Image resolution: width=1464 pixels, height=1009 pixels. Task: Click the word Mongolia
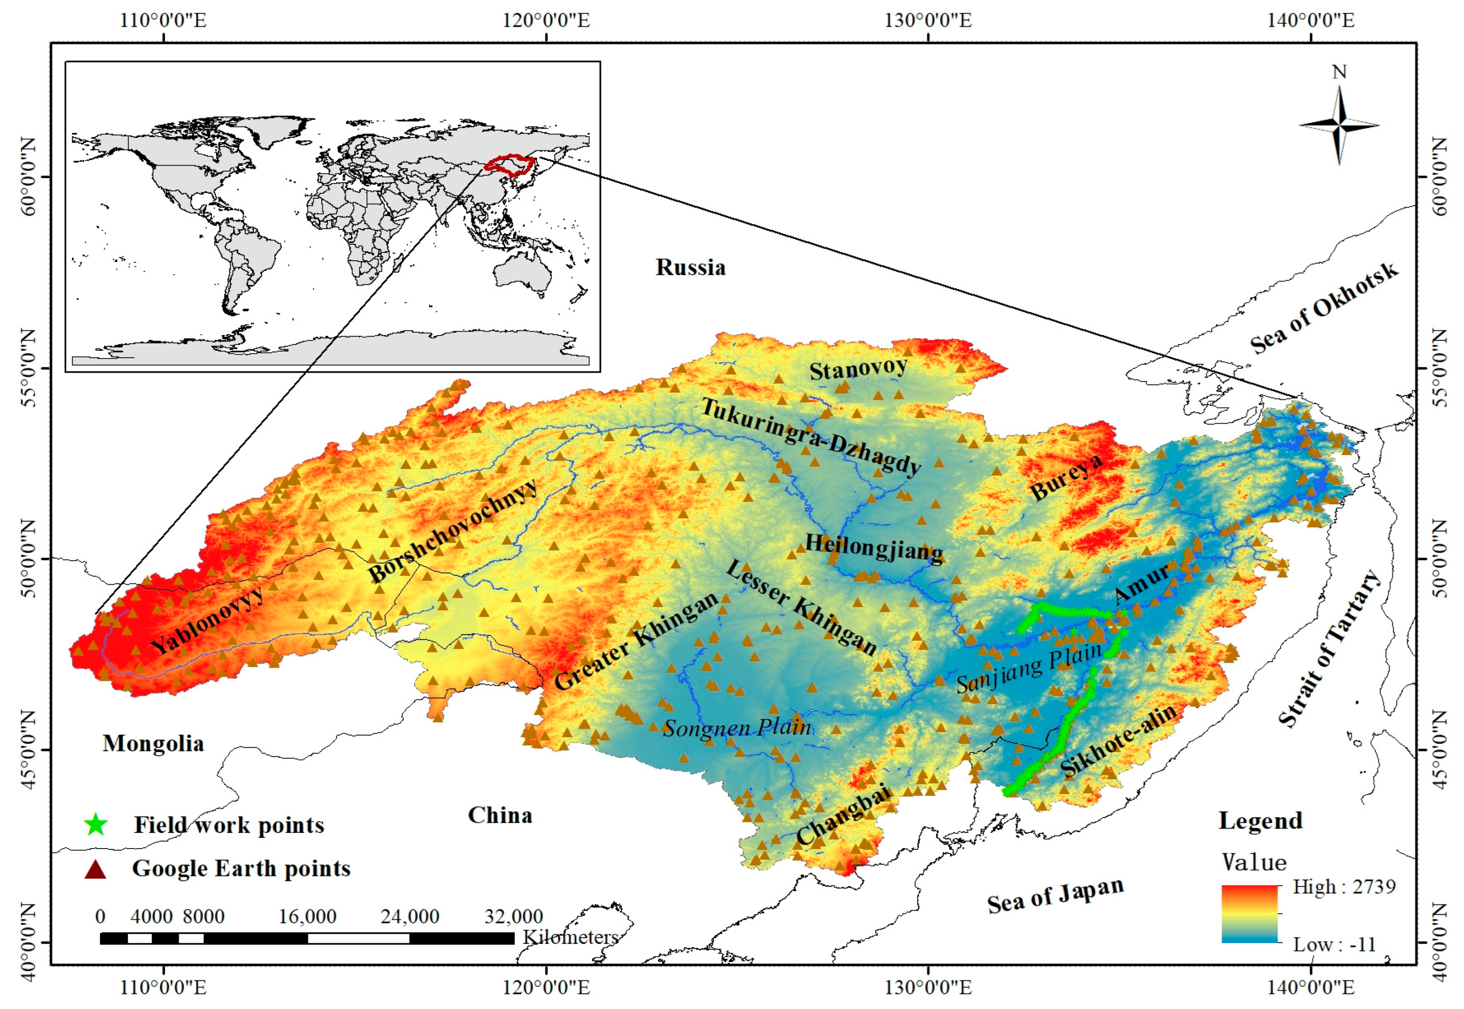click(153, 743)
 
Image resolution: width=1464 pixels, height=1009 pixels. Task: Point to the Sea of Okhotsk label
click(1324, 308)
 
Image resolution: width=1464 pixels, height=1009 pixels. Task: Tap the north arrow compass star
click(1339, 125)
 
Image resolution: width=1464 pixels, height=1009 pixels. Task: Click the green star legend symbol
click(96, 824)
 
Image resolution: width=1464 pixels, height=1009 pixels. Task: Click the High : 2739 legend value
click(1343, 886)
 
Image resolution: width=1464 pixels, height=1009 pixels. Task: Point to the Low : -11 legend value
click(1334, 945)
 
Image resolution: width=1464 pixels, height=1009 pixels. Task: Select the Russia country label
click(690, 267)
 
